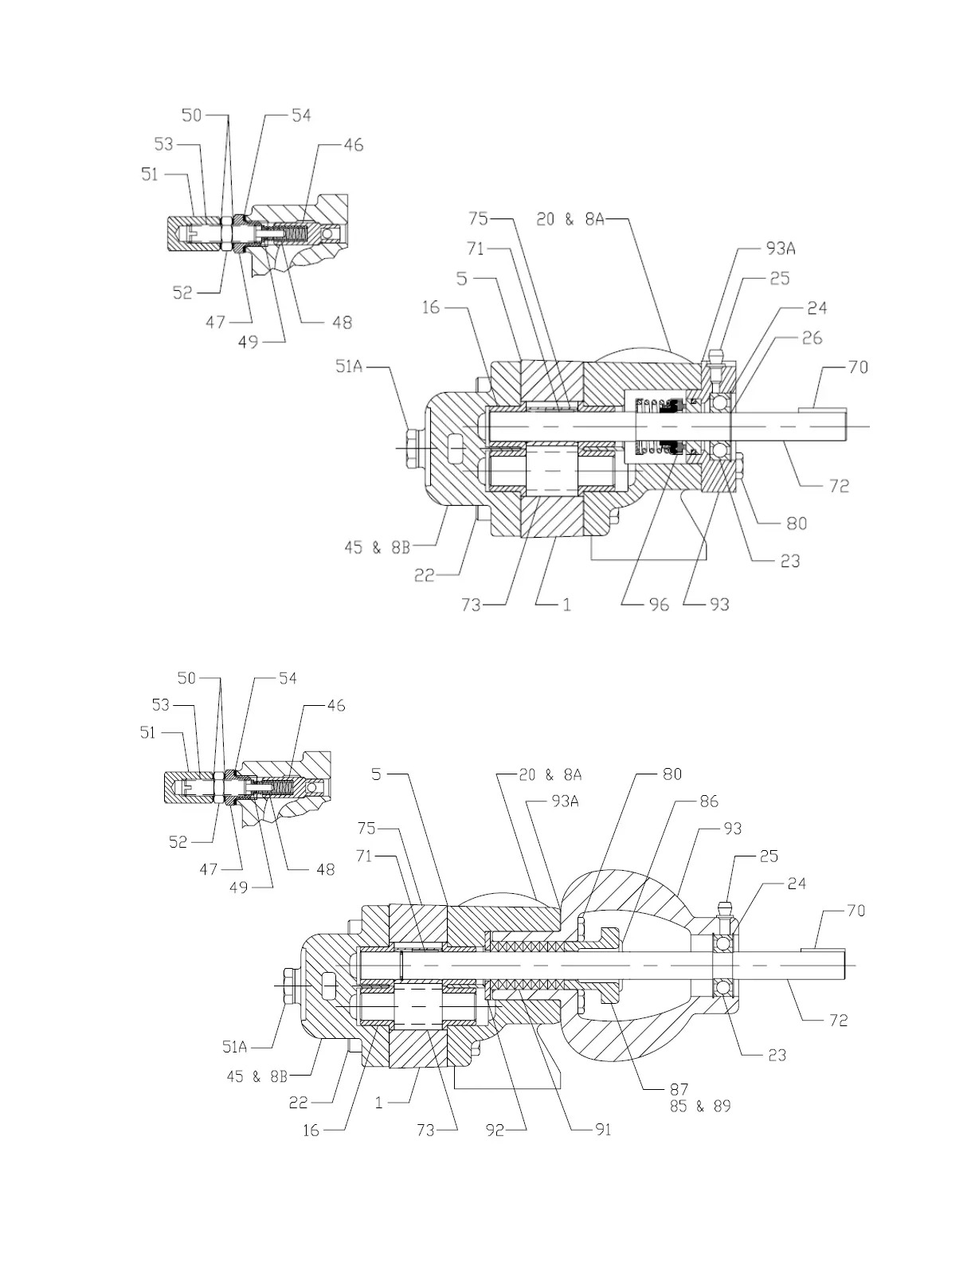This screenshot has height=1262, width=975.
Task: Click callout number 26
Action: pos(812,339)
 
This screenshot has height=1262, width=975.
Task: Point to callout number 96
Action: pos(658,605)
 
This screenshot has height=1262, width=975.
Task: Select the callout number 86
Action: pos(708,801)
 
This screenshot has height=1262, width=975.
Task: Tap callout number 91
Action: pos(603,1129)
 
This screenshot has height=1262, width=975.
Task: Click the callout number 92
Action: pos(495,1129)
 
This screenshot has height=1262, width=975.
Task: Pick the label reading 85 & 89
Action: pos(700,1107)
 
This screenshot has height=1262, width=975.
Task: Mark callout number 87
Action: pos(679,1089)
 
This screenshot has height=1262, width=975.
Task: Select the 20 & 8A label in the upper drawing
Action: pos(570,219)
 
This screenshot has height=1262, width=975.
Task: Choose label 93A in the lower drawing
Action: pos(564,801)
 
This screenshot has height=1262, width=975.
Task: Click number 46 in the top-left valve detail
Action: pos(352,145)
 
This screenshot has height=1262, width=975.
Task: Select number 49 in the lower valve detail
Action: pos(239,888)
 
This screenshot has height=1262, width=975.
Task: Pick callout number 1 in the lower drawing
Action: pos(379,1103)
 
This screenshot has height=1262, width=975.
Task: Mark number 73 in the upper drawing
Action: pos(471,605)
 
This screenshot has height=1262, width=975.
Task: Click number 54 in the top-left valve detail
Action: pos(300,116)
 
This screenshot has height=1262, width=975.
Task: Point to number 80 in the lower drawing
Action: pos(672,774)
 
